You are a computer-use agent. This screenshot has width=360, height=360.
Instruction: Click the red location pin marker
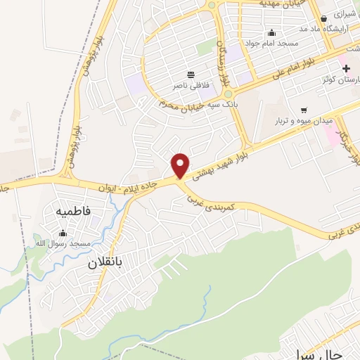(x=181, y=166)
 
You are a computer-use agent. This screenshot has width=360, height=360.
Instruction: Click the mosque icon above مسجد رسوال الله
(x=65, y=233)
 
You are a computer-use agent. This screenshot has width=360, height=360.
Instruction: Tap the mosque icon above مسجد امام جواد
(x=271, y=32)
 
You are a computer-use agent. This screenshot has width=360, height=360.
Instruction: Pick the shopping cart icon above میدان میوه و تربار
(x=303, y=110)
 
